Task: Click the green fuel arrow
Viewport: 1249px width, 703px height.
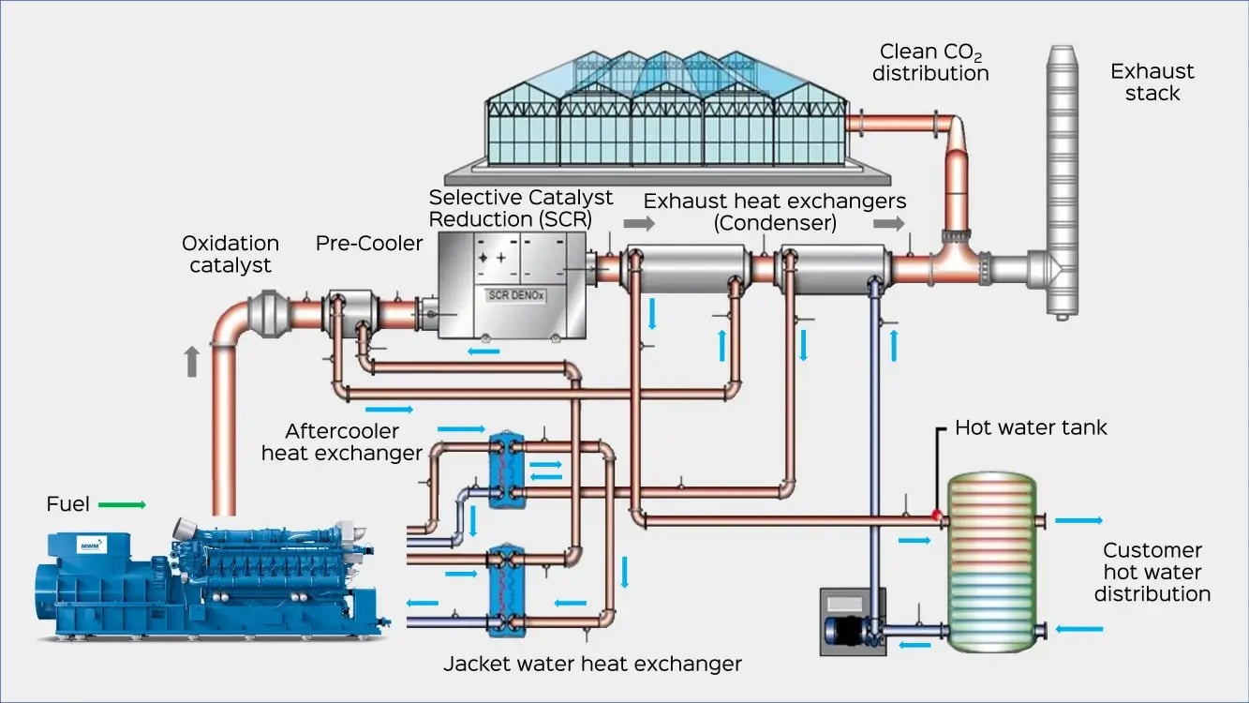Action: coord(122,505)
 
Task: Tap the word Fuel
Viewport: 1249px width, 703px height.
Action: coord(67,505)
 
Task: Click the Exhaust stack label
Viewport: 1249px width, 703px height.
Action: coord(1152,82)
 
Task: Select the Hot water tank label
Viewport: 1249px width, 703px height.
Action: coord(1031,428)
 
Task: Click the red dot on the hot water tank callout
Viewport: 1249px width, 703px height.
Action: coord(936,514)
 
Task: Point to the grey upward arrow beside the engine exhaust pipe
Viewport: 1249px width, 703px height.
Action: coord(192,361)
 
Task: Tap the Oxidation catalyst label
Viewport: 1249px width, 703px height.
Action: coord(230,254)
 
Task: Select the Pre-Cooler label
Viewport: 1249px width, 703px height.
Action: coord(369,244)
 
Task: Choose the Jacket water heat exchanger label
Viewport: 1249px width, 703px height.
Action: coord(592,665)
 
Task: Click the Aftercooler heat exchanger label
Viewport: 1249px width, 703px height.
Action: coord(341,442)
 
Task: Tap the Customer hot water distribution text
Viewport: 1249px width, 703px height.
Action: coord(1152,572)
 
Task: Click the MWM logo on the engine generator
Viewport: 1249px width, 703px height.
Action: coord(92,545)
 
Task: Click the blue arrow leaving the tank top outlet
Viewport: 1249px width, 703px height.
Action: coord(1078,520)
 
